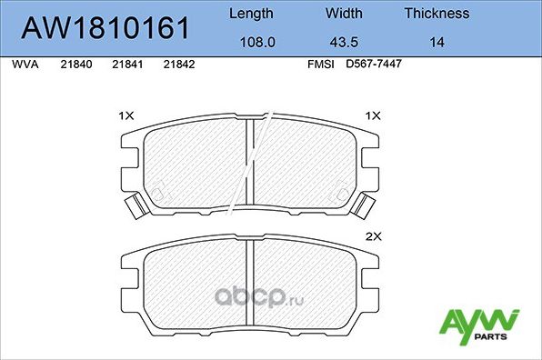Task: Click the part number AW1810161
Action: (x=105, y=28)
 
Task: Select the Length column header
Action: (x=250, y=14)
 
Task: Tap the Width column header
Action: (x=344, y=14)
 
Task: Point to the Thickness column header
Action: (x=437, y=14)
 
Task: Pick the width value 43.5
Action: (x=344, y=42)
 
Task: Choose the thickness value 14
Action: (x=437, y=42)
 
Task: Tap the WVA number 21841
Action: (x=126, y=65)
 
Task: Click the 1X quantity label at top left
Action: (x=126, y=115)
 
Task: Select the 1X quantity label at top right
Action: (x=372, y=115)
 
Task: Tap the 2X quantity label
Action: (x=372, y=235)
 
